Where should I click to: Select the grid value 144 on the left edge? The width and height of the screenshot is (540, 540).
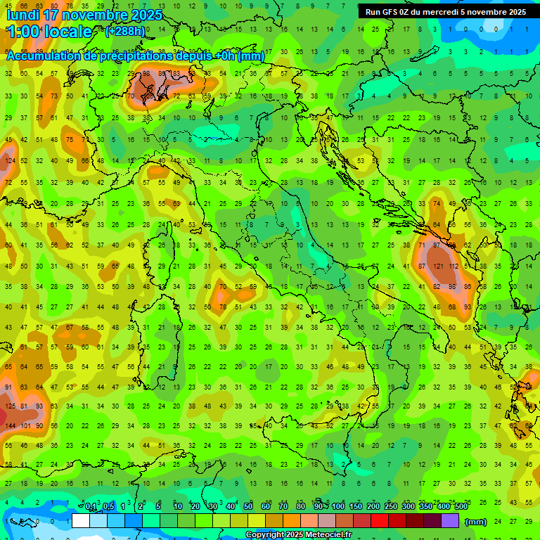click(x=9, y=426)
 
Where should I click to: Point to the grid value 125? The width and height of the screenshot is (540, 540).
click(x=9, y=406)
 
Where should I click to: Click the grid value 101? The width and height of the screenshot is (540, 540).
click(x=26, y=426)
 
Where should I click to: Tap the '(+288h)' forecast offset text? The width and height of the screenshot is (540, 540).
click(x=126, y=32)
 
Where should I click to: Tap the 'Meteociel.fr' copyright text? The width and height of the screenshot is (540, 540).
click(x=323, y=535)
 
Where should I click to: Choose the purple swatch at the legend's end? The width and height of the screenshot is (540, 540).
click(x=450, y=521)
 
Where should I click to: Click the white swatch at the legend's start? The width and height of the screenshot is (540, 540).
click(x=81, y=521)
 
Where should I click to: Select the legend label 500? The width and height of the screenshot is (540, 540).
click(x=461, y=507)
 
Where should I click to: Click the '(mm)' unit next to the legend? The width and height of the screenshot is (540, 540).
click(x=476, y=521)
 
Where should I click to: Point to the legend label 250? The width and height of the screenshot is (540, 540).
click(x=390, y=507)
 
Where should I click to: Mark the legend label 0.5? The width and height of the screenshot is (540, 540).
click(x=108, y=507)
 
